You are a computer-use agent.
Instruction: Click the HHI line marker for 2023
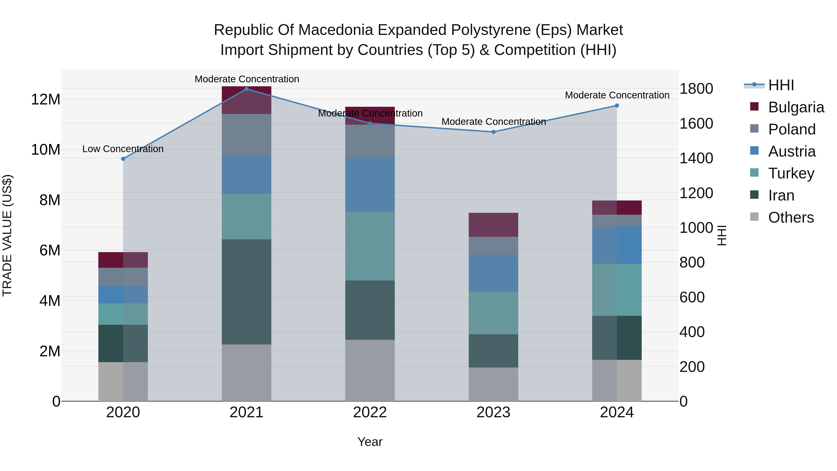click(x=493, y=132)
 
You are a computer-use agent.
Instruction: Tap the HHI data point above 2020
click(x=123, y=159)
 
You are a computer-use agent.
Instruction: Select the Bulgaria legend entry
click(x=796, y=107)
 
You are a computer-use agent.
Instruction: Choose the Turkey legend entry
click(x=791, y=173)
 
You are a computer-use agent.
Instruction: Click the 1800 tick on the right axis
click(x=696, y=89)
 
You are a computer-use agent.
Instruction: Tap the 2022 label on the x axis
click(x=370, y=412)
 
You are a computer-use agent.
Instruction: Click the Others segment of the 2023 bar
click(x=493, y=384)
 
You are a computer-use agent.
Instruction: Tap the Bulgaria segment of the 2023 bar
click(x=493, y=225)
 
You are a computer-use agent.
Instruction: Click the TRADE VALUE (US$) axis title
click(x=7, y=235)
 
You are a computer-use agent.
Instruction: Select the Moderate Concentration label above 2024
click(x=617, y=95)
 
